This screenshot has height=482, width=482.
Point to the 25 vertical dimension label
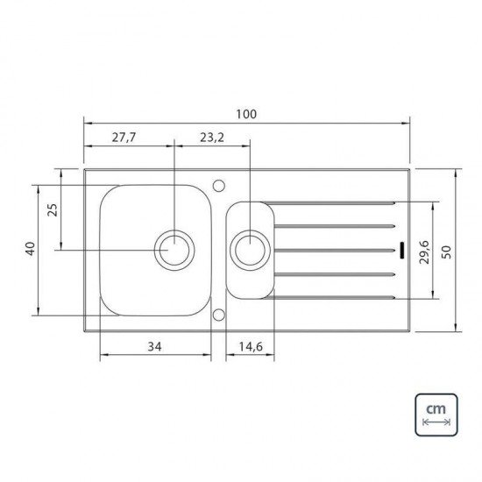click(x=52, y=209)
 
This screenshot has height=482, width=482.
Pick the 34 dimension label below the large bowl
click(x=155, y=347)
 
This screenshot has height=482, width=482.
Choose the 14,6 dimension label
click(x=251, y=347)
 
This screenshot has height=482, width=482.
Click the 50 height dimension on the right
click(x=447, y=251)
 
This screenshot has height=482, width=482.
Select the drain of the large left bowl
click(x=174, y=250)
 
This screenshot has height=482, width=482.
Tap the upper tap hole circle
click(x=218, y=185)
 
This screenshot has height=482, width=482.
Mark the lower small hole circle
click(x=218, y=315)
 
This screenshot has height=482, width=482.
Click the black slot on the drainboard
click(x=401, y=251)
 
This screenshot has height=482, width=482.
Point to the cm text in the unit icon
click(x=436, y=409)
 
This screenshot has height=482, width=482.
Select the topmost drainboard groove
click(x=333, y=203)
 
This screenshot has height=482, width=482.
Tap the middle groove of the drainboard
click(x=333, y=251)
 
